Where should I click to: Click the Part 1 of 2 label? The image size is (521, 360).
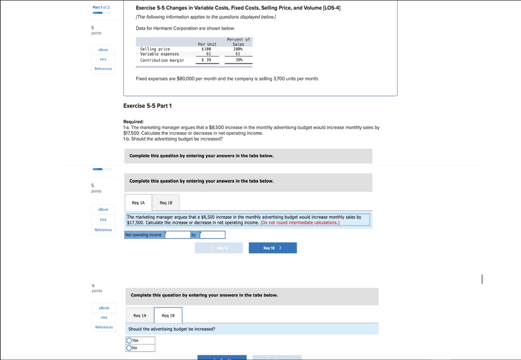(101, 7)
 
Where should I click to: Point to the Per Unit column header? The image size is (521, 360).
(207, 44)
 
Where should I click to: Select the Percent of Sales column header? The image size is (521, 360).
(238, 42)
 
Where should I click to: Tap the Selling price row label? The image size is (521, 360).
(155, 49)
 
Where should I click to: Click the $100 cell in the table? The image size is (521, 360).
(206, 49)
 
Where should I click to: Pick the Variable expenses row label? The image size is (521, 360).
(160, 54)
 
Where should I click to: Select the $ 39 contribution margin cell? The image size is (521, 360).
(206, 60)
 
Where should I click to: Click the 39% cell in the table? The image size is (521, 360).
(239, 60)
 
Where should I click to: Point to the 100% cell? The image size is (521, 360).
(239, 49)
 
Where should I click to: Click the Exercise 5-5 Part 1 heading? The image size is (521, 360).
(148, 106)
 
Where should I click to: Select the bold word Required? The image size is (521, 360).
(134, 122)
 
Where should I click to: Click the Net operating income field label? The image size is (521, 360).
(144, 235)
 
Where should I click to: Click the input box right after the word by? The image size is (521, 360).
(212, 235)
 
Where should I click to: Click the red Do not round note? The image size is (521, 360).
(300, 223)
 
